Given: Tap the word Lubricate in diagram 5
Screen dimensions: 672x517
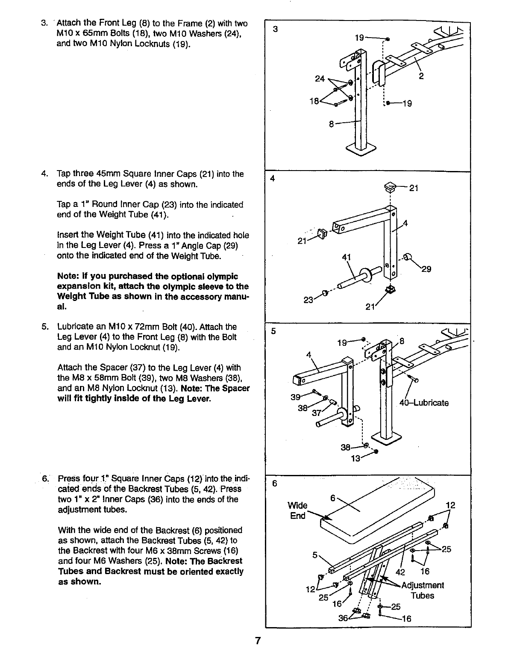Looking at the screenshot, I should (429, 403).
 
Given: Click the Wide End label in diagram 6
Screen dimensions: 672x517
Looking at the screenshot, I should (298, 510).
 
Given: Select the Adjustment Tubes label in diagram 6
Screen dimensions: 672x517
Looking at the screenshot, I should (423, 590).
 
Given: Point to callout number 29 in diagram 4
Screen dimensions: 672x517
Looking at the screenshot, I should (426, 269).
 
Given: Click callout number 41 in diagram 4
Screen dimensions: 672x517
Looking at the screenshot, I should (347, 257).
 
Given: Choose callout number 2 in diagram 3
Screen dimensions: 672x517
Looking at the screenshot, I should (421, 77).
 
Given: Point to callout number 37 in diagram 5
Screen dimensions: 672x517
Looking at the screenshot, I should (317, 413).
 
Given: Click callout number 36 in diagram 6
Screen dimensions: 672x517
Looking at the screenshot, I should (343, 618).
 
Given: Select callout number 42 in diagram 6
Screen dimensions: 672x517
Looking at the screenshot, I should (400, 572).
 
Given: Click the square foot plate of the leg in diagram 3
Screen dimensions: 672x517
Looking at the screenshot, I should (361, 149).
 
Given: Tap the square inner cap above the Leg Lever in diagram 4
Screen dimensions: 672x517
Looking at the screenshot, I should (390, 186).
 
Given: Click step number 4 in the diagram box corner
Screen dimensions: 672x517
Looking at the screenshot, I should (272, 179).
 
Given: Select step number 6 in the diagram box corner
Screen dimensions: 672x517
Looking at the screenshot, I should (275, 483).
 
